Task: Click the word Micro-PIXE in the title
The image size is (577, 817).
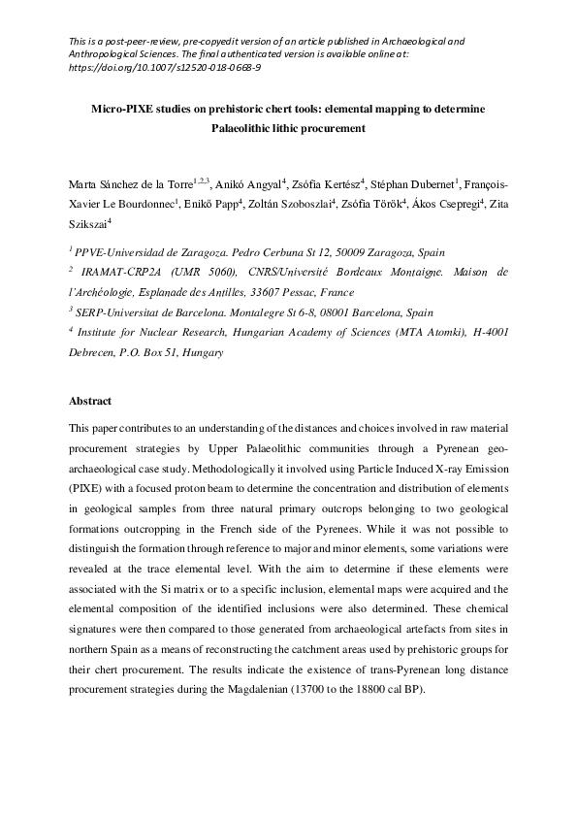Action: (x=125, y=110)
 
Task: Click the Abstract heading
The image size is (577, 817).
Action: (x=90, y=401)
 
